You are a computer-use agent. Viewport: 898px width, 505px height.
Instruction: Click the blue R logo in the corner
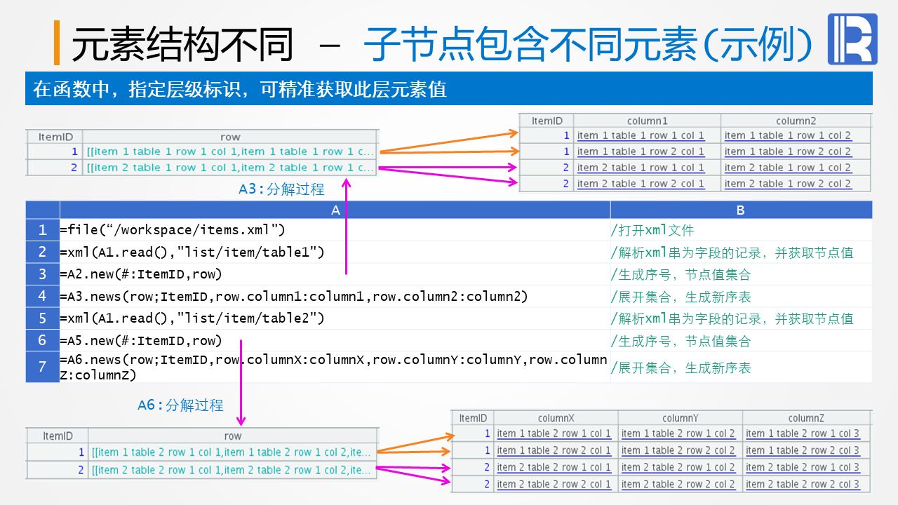click(x=852, y=39)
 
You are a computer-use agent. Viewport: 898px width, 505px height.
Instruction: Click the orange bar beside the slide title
click(x=57, y=43)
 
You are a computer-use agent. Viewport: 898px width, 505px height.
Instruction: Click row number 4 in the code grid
click(x=43, y=296)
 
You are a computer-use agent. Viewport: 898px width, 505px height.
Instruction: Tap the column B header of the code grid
click(x=741, y=210)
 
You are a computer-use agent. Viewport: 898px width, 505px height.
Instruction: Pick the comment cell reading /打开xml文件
click(x=652, y=230)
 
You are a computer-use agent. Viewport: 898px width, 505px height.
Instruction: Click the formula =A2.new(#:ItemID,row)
click(x=141, y=274)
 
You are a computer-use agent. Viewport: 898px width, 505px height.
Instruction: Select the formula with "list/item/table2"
click(x=192, y=318)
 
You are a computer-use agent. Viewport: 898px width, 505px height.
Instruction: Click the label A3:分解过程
click(x=281, y=189)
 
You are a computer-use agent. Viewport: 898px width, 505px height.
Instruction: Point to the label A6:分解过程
click(x=180, y=405)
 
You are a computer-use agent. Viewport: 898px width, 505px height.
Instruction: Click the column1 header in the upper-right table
click(x=647, y=121)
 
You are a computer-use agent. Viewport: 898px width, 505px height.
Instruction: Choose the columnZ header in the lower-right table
click(x=806, y=418)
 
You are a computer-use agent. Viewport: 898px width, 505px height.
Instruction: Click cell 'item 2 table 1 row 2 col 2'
click(x=788, y=184)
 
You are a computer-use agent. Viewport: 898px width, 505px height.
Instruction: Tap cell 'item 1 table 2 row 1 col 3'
click(x=803, y=433)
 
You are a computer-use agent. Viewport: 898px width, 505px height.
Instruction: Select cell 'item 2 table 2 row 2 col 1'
click(x=554, y=484)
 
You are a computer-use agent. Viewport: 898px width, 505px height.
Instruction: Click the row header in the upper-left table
click(x=230, y=137)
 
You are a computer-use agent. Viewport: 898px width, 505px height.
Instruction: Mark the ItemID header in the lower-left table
click(x=58, y=436)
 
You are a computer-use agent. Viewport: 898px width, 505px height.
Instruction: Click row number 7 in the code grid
click(x=43, y=367)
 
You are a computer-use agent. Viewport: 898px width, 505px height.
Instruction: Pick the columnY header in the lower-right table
click(x=680, y=418)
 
